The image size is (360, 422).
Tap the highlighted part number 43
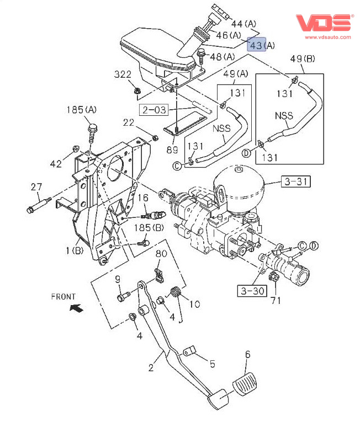[256, 45]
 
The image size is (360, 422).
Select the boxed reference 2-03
[153, 109]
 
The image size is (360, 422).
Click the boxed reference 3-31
[296, 181]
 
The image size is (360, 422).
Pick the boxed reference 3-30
[251, 290]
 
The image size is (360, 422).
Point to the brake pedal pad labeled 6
[244, 384]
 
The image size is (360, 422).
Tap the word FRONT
[63, 296]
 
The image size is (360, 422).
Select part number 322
[123, 74]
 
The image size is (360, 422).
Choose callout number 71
[276, 301]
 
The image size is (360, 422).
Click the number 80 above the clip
[161, 254]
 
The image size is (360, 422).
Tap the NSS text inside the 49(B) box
[284, 116]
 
